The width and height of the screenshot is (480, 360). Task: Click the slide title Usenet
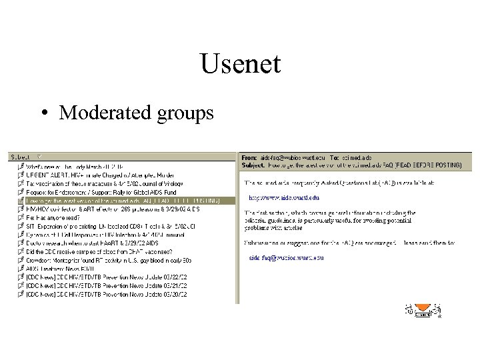(x=240, y=65)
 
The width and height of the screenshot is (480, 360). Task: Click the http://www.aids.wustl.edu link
(x=284, y=197)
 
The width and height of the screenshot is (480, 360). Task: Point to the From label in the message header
(x=249, y=157)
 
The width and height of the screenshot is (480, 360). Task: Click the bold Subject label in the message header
(x=253, y=164)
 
